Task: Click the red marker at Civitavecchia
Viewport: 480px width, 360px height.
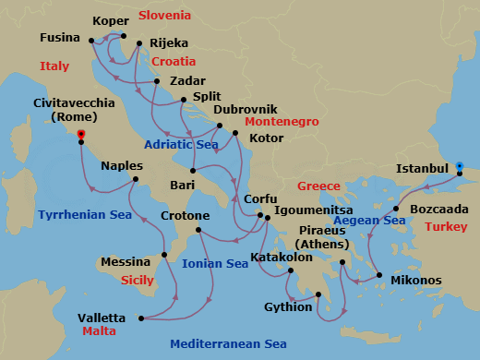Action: [81, 135]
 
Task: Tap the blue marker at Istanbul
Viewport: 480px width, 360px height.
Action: [460, 167]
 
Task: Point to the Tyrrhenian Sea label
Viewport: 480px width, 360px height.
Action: [85, 214]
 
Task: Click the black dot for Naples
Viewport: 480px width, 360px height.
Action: [136, 179]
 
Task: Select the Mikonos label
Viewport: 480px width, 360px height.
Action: [416, 280]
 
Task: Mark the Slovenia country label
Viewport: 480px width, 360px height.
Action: [164, 16]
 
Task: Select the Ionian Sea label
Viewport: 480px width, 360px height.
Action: [215, 263]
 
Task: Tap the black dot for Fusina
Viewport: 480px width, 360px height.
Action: [90, 40]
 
